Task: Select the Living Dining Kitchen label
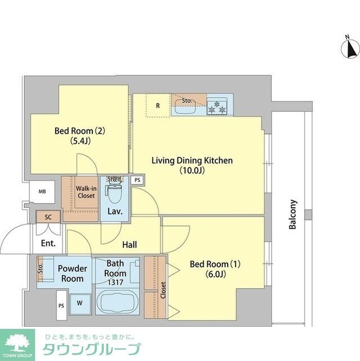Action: tap(192, 161)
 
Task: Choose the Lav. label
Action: tap(115, 213)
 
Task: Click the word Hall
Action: tap(130, 245)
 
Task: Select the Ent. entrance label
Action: tap(48, 244)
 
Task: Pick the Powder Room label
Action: tap(73, 274)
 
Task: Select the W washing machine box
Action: tap(79, 303)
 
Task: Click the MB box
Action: tap(42, 192)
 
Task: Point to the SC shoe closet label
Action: tap(48, 216)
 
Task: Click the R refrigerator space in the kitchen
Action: tap(158, 105)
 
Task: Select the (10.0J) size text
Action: tap(192, 170)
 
